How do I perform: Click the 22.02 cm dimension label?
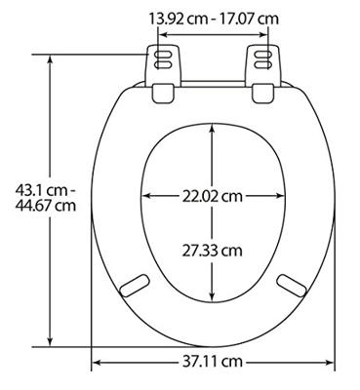[212, 196]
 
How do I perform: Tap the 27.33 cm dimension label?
[212, 251]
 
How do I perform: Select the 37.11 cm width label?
[212, 362]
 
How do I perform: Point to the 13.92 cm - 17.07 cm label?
[214, 19]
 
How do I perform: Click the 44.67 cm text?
[46, 206]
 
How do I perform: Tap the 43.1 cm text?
[44, 190]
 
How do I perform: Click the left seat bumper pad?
[135, 286]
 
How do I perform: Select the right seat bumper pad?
[292, 286]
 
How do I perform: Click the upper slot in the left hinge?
[163, 55]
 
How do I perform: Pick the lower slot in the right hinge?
[263, 64]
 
